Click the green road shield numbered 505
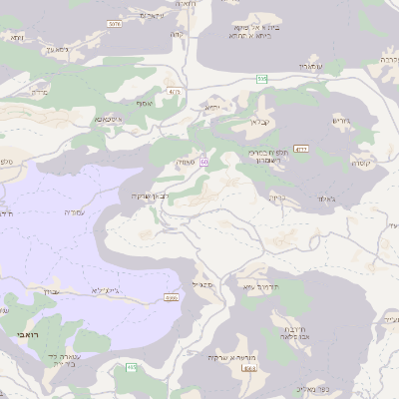click(x=261, y=78)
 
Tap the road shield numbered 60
click(x=203, y=161)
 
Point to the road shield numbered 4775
click(x=175, y=92)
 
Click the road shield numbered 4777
click(x=301, y=149)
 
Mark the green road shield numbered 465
click(x=131, y=369)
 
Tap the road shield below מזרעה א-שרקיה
click(x=248, y=369)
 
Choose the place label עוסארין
click(x=308, y=65)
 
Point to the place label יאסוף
click(x=137, y=101)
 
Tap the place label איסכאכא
click(x=109, y=119)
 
